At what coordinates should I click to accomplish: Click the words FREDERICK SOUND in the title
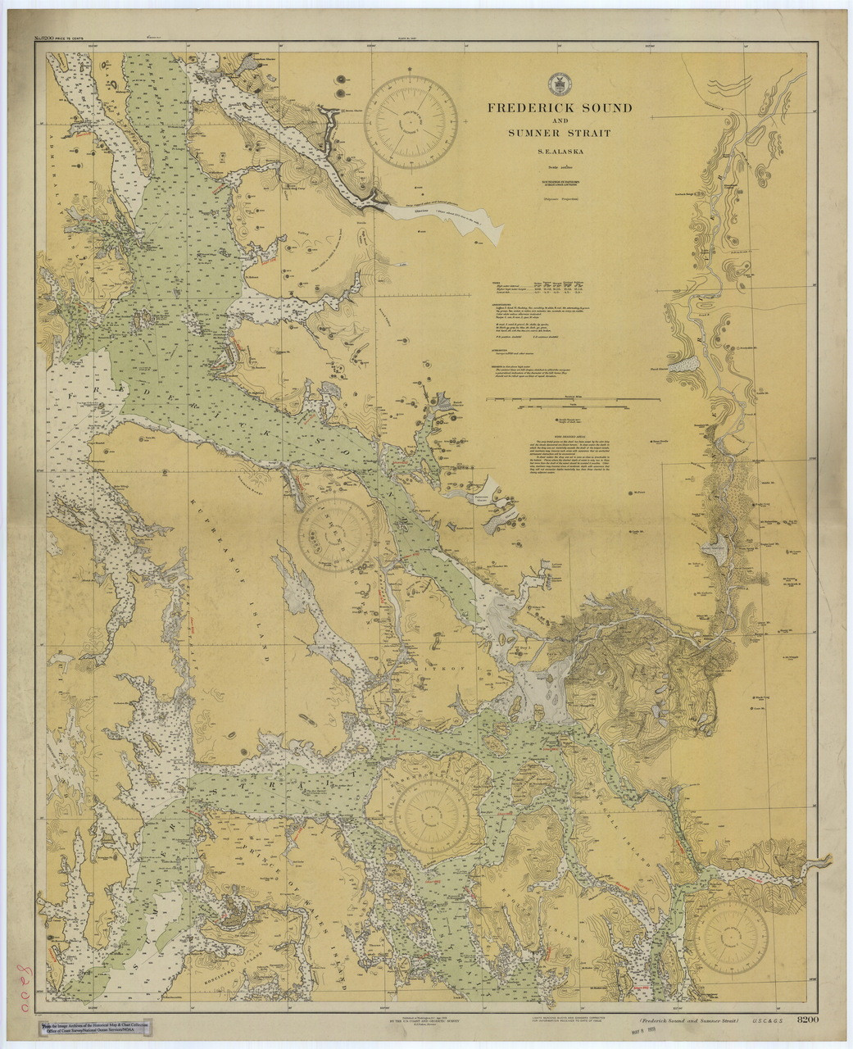(560, 107)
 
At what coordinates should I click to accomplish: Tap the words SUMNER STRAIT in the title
(560, 133)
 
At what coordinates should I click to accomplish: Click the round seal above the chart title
(560, 84)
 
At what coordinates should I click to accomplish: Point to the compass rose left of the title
(410, 122)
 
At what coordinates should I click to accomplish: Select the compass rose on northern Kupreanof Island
(335, 535)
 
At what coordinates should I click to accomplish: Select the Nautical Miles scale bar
(574, 399)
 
